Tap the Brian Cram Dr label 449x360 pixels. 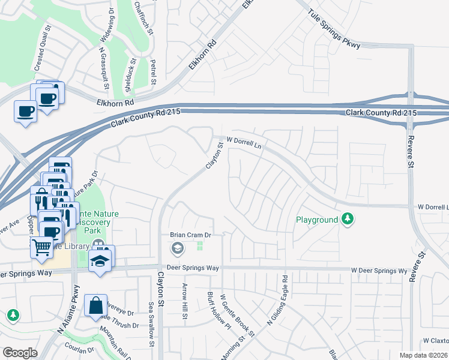click(190, 235)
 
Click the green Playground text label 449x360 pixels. click(317, 220)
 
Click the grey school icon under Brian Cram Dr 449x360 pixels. click(178, 248)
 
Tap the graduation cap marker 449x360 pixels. click(100, 261)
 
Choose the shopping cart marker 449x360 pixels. click(41, 246)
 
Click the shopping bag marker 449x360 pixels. click(96, 305)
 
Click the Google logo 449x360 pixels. click(20, 353)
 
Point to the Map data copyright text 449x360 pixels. click(424, 355)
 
